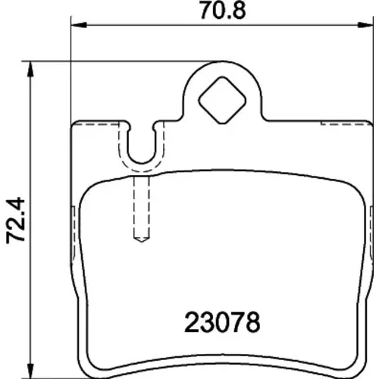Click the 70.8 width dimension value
click(223, 11)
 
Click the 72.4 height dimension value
click(16, 221)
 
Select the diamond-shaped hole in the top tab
click(222, 100)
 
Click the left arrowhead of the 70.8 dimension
click(79, 25)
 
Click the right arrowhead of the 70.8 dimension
click(365, 25)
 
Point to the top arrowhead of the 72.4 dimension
click(30, 69)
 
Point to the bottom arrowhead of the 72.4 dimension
click(30, 371)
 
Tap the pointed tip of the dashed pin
click(142, 241)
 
